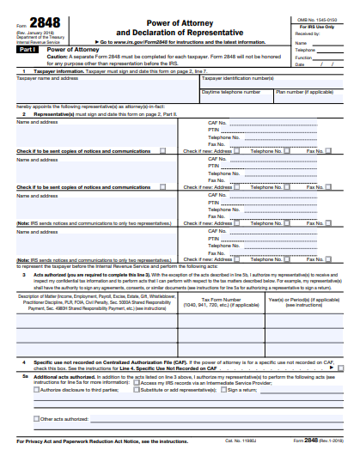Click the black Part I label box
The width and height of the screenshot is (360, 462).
(x=28, y=50)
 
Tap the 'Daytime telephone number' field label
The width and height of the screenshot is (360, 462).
(x=231, y=90)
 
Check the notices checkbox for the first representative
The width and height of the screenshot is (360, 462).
(x=162, y=150)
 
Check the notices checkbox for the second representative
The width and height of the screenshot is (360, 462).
(x=162, y=186)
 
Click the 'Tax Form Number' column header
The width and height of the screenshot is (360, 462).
(x=220, y=301)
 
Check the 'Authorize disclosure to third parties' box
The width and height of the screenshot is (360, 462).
(x=37, y=389)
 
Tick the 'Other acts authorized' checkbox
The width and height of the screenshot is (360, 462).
(x=37, y=419)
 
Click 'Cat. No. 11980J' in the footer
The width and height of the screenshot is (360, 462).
(x=243, y=441)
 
